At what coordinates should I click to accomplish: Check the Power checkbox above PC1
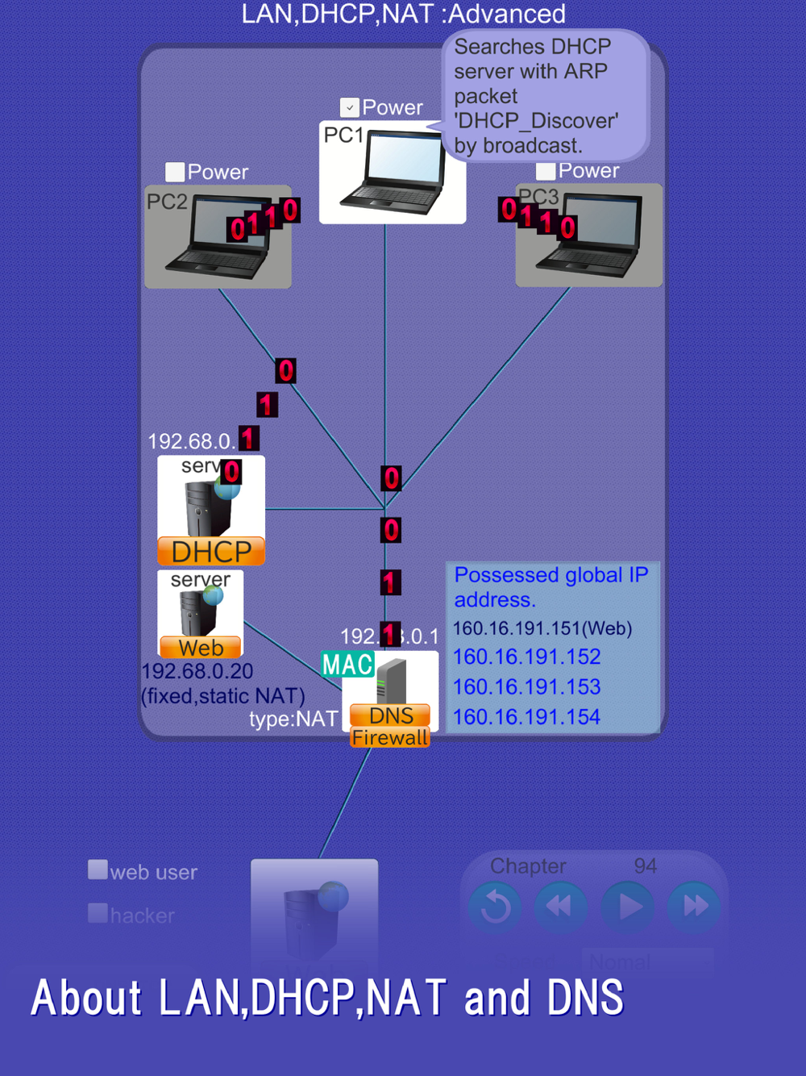coord(350,107)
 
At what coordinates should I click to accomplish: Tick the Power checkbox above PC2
coord(175,172)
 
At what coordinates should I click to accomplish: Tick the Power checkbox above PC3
coord(546,171)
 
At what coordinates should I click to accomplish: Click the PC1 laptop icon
coord(393,173)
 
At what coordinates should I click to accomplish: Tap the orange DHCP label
coord(211,552)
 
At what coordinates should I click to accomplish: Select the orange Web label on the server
coord(201,648)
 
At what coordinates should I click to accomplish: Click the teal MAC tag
coord(347,665)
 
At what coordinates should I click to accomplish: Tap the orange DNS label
coord(391,715)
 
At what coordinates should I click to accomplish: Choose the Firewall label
coord(390,737)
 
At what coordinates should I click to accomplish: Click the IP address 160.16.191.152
coord(526,657)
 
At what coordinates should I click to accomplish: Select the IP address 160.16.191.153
coord(526,687)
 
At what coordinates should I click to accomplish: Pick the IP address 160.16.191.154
coord(526,717)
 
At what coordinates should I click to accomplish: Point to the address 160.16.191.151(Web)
coord(542,628)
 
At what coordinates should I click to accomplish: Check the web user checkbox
coord(98,870)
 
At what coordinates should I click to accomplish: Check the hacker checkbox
coord(98,913)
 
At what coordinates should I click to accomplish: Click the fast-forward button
coord(694,907)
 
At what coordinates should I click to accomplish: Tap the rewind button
coord(560,907)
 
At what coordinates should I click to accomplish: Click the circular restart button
coord(495,907)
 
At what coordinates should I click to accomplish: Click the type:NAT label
coord(293,719)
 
